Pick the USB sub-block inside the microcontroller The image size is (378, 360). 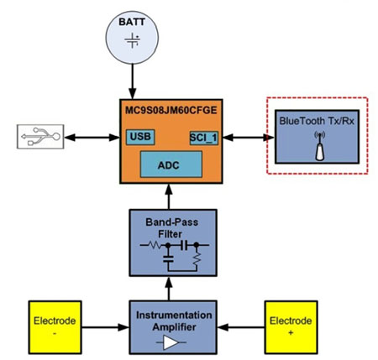(139, 136)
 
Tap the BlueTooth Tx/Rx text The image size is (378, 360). (318, 123)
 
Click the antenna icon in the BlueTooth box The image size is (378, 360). (317, 148)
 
